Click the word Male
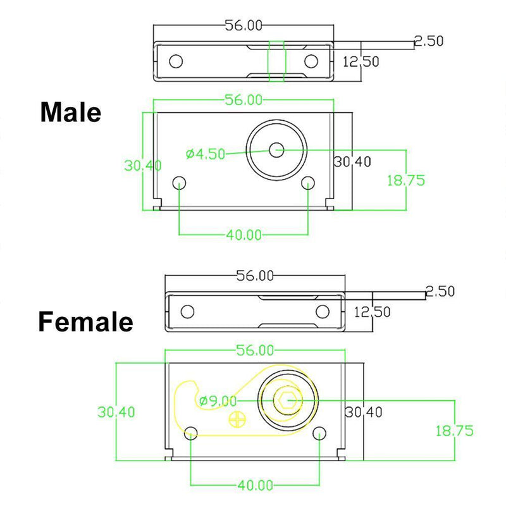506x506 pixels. [70, 113]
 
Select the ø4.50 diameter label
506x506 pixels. [205, 154]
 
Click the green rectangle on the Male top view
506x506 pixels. [277, 61]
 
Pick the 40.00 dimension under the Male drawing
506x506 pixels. [244, 235]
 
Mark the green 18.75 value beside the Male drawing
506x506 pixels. [405, 180]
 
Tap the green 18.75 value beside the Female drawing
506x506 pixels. [454, 431]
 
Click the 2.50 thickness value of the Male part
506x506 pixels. [428, 41]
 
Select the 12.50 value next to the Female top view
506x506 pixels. [372, 311]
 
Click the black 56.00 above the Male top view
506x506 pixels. [244, 25]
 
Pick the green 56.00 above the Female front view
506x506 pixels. [254, 350]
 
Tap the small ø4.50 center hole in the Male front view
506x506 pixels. [276, 150]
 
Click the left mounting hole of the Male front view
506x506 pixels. [180, 183]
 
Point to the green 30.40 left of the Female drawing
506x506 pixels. [116, 412]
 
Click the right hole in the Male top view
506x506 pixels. [311, 61]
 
